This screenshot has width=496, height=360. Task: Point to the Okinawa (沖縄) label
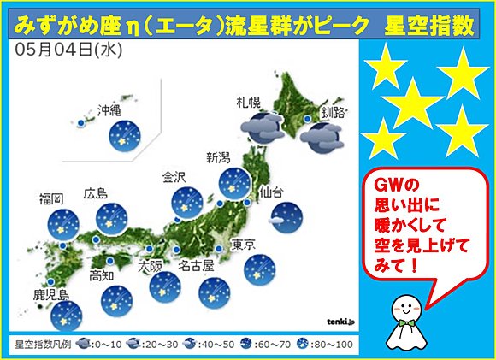pyautogui.click(x=110, y=110)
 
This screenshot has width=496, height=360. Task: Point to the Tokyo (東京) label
pyautogui.click(x=243, y=245)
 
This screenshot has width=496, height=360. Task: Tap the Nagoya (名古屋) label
pyautogui.click(x=196, y=266)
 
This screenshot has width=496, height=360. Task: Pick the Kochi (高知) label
pyautogui.click(x=102, y=275)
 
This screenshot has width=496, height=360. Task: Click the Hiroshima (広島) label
pyautogui.click(x=96, y=193)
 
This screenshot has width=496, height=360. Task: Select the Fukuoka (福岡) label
pyautogui.click(x=50, y=199)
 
